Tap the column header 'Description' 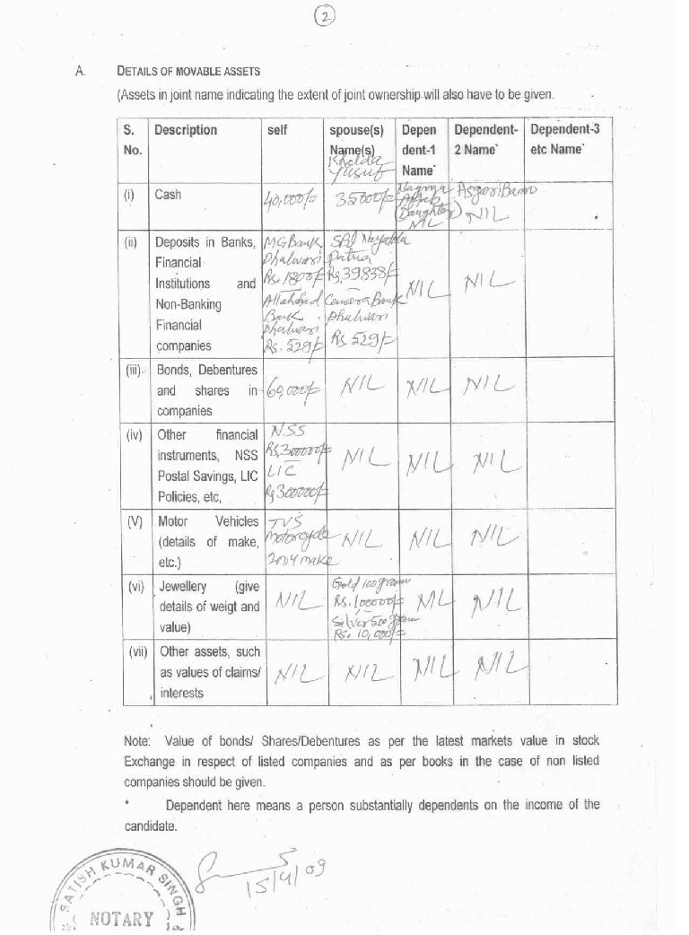[x=186, y=130]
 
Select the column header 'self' [x=278, y=130]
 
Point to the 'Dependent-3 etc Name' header [x=565, y=139]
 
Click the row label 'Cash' [x=168, y=194]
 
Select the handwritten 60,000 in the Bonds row [x=290, y=390]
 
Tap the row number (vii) [x=136, y=652]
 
